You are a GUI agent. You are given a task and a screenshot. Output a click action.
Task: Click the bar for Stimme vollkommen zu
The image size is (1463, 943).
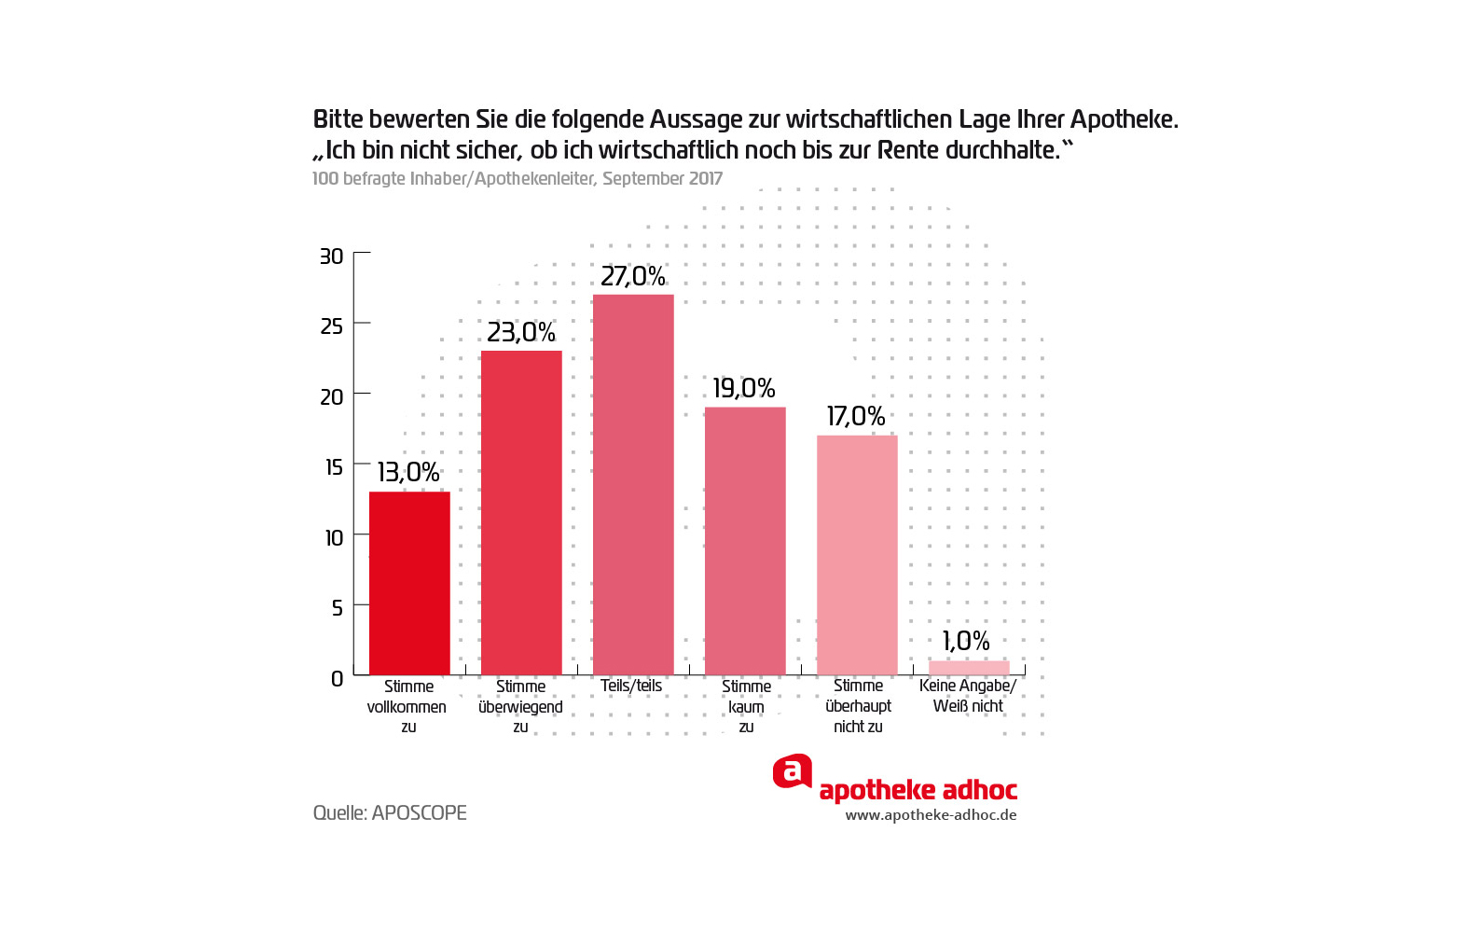coord(409,583)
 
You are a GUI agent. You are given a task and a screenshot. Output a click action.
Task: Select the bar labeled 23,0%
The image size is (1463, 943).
coord(521,513)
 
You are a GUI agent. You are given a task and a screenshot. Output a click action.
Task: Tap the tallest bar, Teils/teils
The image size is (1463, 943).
coord(633,485)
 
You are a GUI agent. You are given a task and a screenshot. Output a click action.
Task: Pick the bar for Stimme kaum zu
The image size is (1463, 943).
coord(745,541)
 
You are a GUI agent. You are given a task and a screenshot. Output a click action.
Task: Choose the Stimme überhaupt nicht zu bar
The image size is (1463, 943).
coord(857,555)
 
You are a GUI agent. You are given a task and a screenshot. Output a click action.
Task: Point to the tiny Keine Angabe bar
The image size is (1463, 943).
coord(969,668)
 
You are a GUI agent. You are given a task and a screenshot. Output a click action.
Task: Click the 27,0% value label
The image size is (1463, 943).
coord(633,276)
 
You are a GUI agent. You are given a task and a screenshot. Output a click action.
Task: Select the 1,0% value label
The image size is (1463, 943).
coord(966,641)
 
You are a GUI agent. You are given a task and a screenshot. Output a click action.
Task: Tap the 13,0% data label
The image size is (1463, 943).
coord(408,472)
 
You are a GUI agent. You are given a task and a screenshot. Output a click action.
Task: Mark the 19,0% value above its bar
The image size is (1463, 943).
coord(744,388)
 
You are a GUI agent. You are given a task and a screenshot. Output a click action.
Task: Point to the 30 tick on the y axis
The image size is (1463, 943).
coord(332,257)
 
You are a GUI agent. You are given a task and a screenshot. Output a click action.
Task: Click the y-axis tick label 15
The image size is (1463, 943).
coord(334,467)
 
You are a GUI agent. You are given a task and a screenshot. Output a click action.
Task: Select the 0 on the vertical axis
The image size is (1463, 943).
coord(338,679)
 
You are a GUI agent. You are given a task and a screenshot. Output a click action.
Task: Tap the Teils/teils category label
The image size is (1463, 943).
coord(631,686)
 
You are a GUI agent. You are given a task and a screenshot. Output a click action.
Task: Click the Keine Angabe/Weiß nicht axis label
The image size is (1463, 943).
coord(968,696)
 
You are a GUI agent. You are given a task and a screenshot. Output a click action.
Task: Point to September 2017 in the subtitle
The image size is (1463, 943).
coord(662,178)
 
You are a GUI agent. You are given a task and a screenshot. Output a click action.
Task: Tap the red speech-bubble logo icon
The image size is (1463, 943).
coord(793,771)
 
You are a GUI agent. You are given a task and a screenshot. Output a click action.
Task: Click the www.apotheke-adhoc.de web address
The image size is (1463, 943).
coord(931,815)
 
